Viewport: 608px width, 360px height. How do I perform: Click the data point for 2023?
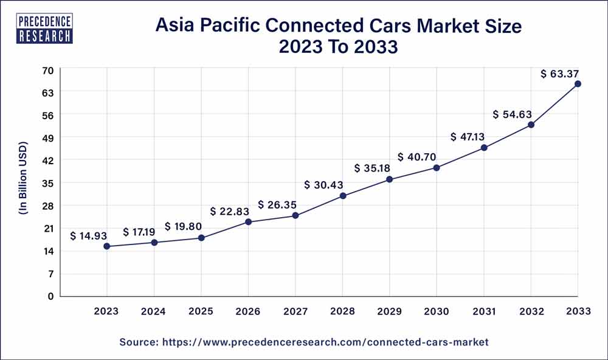[107, 246]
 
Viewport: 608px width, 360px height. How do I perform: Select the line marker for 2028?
[343, 196]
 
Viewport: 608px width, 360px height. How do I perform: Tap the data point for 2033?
[578, 84]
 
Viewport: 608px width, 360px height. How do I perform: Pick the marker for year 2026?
[248, 222]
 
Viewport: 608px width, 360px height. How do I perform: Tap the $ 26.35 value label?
[278, 204]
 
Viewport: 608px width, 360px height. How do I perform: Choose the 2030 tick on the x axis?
[437, 311]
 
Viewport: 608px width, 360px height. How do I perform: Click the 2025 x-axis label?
[201, 311]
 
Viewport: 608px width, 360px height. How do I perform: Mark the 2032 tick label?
[531, 311]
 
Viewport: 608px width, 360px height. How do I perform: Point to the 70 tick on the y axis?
[48, 70]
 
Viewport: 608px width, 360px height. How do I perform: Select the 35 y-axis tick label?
[48, 183]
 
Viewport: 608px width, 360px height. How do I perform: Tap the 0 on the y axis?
[51, 296]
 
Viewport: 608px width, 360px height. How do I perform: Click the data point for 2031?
[484, 148]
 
